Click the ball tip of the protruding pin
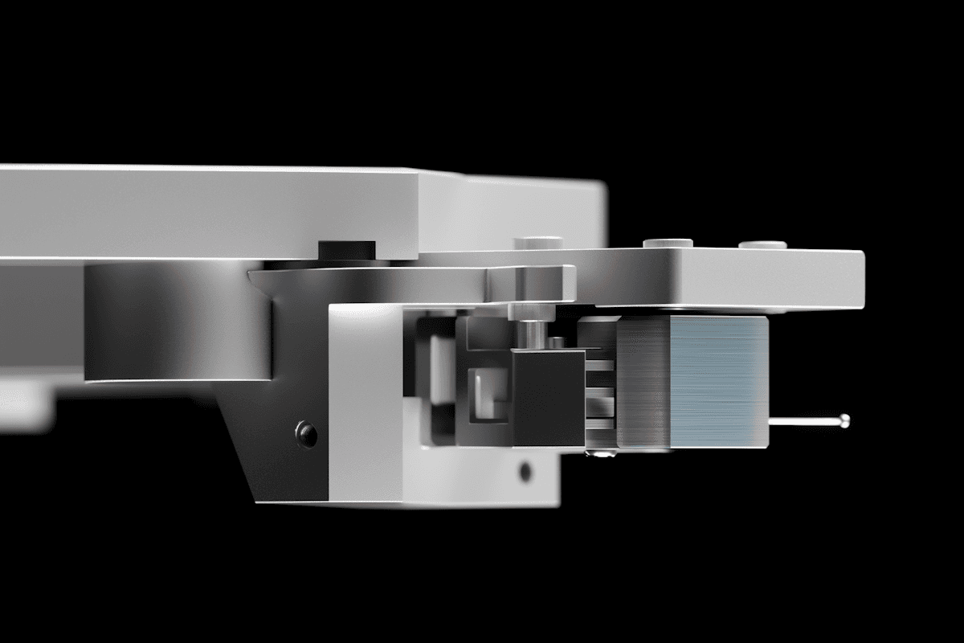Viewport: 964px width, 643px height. click(843, 419)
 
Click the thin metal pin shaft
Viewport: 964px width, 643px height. click(803, 420)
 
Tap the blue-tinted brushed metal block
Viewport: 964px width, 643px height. click(718, 381)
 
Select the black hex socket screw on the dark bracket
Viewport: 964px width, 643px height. click(306, 434)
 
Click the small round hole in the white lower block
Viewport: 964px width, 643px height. click(525, 471)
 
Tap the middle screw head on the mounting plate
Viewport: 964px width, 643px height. click(668, 242)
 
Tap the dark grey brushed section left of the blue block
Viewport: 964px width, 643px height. click(643, 382)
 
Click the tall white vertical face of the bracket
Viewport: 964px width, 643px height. click(365, 402)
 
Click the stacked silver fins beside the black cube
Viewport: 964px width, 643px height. click(599, 386)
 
